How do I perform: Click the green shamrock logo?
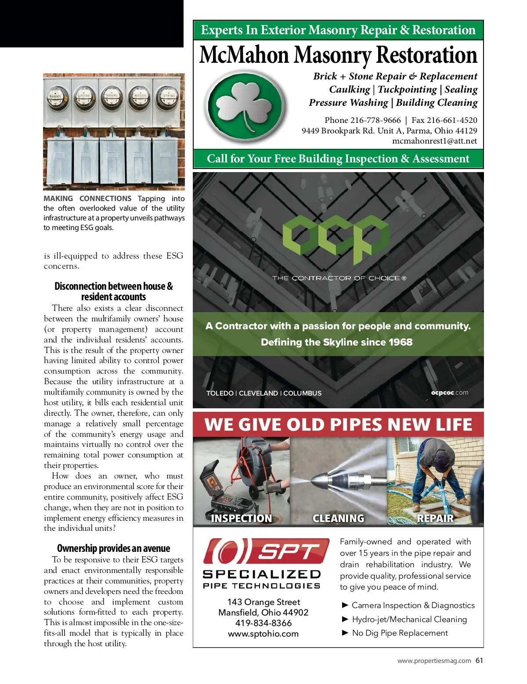coord(245,106)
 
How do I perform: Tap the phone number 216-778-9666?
coord(375,120)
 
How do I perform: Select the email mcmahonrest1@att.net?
coord(434,141)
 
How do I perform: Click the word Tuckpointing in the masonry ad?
coord(407,90)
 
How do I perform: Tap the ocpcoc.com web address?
coord(449,392)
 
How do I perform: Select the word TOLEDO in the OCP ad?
coord(220,393)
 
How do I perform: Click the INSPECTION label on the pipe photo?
coord(242,518)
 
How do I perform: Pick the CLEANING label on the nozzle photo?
coord(339,518)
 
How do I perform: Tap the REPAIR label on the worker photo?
coord(435,518)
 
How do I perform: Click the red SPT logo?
coord(266,551)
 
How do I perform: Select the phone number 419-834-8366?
coord(263,623)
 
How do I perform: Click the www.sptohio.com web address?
coord(263,634)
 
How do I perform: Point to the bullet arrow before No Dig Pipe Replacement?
coord(345,633)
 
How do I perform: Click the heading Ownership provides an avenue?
coord(113,548)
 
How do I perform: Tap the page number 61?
coord(479,660)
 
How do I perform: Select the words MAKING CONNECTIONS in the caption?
coord(87,198)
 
